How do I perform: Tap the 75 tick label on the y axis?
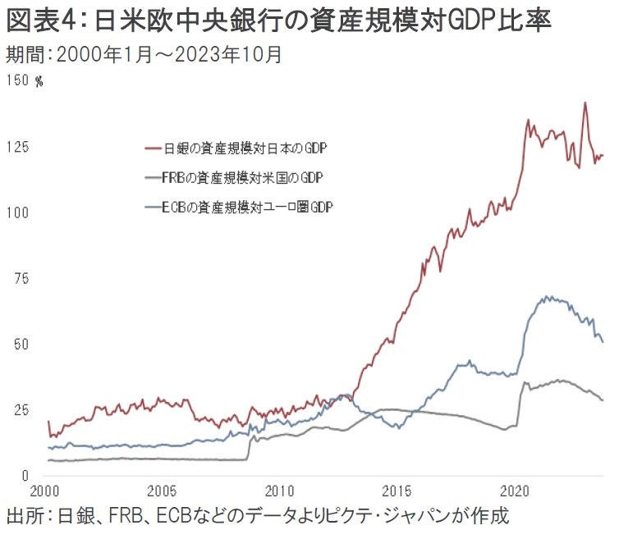[21, 278]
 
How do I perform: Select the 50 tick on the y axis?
[21, 344]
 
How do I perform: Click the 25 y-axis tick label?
[21, 409]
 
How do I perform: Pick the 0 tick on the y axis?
[25, 475]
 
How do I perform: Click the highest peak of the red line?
[585, 103]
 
